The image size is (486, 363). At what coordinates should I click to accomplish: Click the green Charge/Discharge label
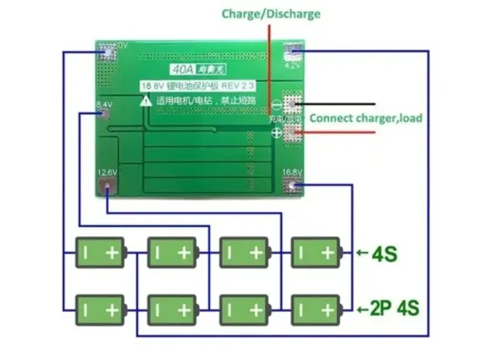pos(270,14)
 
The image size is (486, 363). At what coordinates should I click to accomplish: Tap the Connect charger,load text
pos(365,118)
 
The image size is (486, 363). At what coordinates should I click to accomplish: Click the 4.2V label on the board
pos(292,65)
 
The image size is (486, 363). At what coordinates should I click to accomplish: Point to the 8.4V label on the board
pos(104,105)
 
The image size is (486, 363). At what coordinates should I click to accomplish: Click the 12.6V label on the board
pos(107,172)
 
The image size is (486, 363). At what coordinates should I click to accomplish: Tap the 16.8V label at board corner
pos(292,172)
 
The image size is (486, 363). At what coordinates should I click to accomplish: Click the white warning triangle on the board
pos(145,101)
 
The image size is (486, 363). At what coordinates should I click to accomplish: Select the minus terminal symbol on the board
pos(276,106)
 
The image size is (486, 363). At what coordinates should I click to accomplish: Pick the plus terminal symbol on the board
pos(276,133)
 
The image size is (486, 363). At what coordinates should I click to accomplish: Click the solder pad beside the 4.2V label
pos(293,51)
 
